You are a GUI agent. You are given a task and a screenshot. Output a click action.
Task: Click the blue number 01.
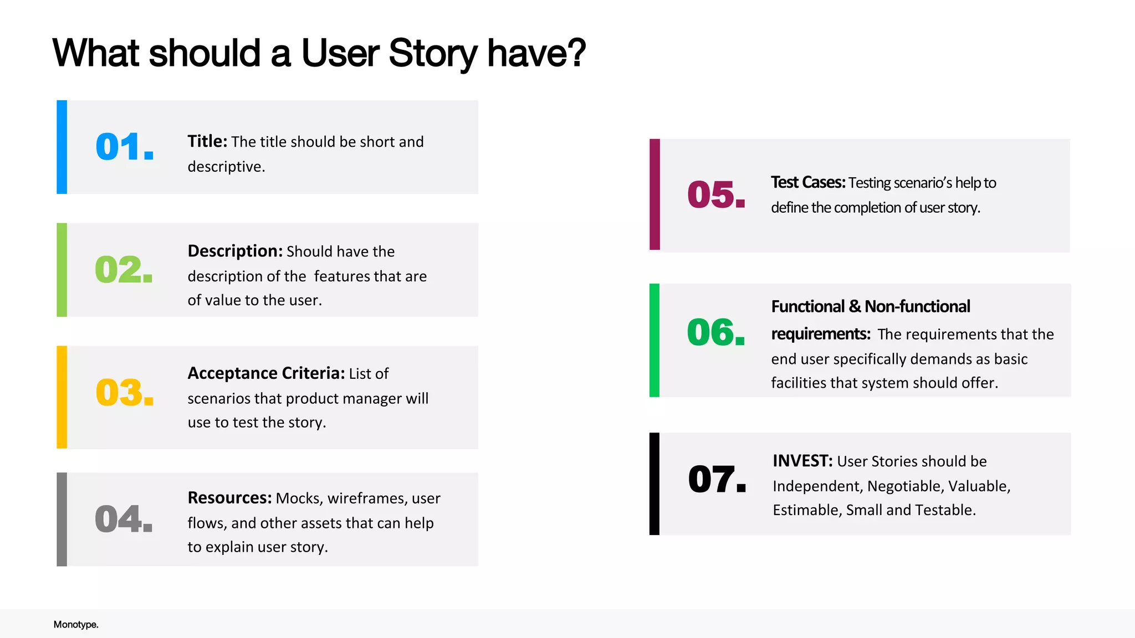point(124,147)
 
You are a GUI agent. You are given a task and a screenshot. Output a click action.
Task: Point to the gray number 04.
point(124,519)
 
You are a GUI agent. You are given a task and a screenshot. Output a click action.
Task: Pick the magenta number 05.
point(716,195)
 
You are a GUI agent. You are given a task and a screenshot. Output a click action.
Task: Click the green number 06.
point(715,332)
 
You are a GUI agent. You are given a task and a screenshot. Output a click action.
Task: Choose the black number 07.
point(717,479)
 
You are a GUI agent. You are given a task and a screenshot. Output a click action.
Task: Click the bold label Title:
point(207,141)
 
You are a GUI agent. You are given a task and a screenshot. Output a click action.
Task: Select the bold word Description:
point(235,251)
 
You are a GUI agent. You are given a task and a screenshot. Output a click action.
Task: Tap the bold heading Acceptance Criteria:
point(266,373)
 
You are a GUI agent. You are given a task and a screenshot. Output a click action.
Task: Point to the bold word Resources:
point(229,498)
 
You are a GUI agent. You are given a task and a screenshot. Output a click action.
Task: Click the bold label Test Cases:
point(807,182)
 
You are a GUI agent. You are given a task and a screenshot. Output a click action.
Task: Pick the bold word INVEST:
point(802,461)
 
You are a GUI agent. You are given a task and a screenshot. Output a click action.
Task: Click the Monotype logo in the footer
point(76,624)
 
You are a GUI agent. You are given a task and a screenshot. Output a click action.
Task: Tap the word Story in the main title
point(433,54)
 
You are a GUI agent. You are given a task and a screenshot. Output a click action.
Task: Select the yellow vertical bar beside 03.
point(62,397)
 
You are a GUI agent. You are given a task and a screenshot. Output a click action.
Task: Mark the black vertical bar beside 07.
point(655,483)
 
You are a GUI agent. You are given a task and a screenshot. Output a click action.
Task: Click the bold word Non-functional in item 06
point(917,306)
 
